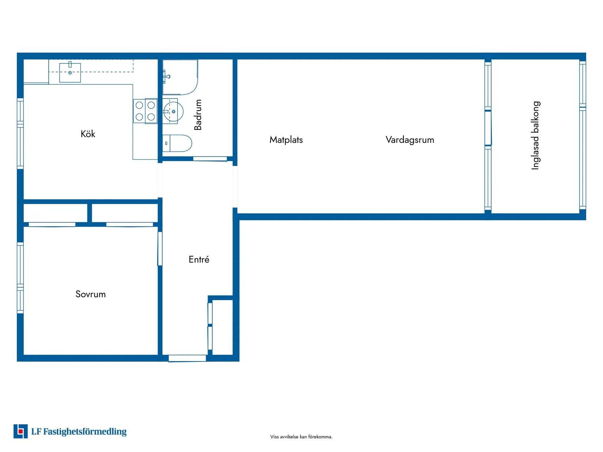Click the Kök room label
88,134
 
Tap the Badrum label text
198,115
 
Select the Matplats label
286,140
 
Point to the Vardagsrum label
410,140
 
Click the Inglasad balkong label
535,135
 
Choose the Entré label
199,260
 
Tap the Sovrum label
91,294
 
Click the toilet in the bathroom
178,143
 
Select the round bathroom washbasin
173,111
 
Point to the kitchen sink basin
70,73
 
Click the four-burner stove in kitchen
145,111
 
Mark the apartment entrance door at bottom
187,358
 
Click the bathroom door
210,159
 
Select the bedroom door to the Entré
160,249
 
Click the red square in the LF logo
21,432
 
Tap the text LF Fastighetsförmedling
79,432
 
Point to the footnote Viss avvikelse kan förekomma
301,437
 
